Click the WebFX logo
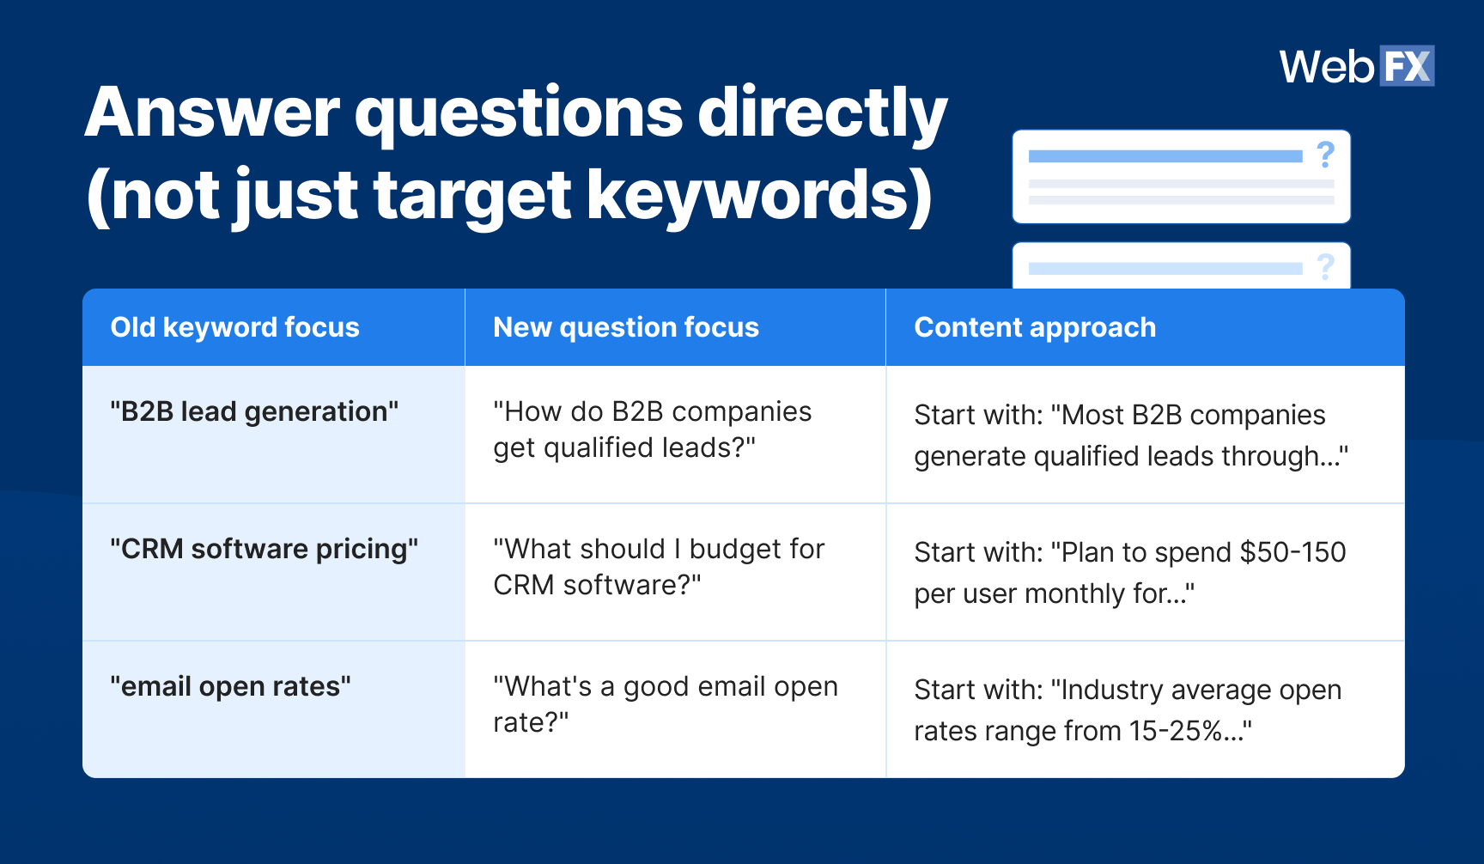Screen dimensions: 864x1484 tap(1356, 66)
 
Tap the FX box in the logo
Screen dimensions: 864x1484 tap(1406, 66)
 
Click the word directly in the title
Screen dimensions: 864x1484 tap(822, 113)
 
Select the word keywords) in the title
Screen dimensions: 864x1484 tap(759, 196)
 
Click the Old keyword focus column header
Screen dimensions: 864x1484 tap(234, 327)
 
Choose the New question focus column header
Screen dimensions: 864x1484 tap(625, 327)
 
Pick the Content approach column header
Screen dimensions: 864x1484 tap(1034, 327)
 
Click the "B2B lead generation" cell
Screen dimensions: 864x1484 tap(254, 412)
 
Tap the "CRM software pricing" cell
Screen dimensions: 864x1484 tap(264, 550)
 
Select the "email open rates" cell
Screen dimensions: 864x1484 tap(230, 687)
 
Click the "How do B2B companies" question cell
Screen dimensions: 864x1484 tap(652, 429)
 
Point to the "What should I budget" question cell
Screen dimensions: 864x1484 tap(658, 567)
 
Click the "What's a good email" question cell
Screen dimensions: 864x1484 tap(665, 704)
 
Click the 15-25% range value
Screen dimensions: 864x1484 tap(1176, 732)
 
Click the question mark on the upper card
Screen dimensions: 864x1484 tap(1325, 155)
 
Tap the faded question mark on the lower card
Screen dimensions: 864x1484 tap(1325, 267)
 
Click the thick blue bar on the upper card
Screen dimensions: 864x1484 tap(1165, 156)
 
